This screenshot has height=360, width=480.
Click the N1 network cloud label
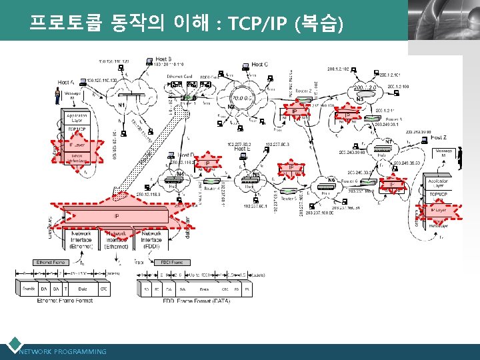[x=123, y=105]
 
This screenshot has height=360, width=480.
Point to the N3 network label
[x=360, y=99]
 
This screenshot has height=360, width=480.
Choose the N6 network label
[x=331, y=180]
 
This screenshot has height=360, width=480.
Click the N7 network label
[x=389, y=141]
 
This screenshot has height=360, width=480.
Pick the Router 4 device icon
[x=211, y=181]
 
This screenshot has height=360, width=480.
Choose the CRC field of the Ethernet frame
[x=103, y=289]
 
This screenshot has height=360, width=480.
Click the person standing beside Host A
[x=57, y=97]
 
